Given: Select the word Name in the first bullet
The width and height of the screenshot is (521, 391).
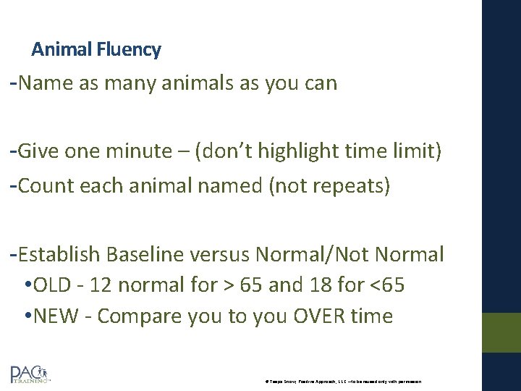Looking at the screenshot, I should [46, 83].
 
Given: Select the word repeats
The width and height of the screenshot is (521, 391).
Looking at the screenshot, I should [354, 186].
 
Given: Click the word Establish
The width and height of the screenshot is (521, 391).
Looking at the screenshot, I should [60, 255].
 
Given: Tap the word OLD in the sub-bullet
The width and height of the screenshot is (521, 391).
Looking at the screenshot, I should [55, 285].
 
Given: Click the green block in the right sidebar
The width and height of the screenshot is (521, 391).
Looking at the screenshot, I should [501, 332].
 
